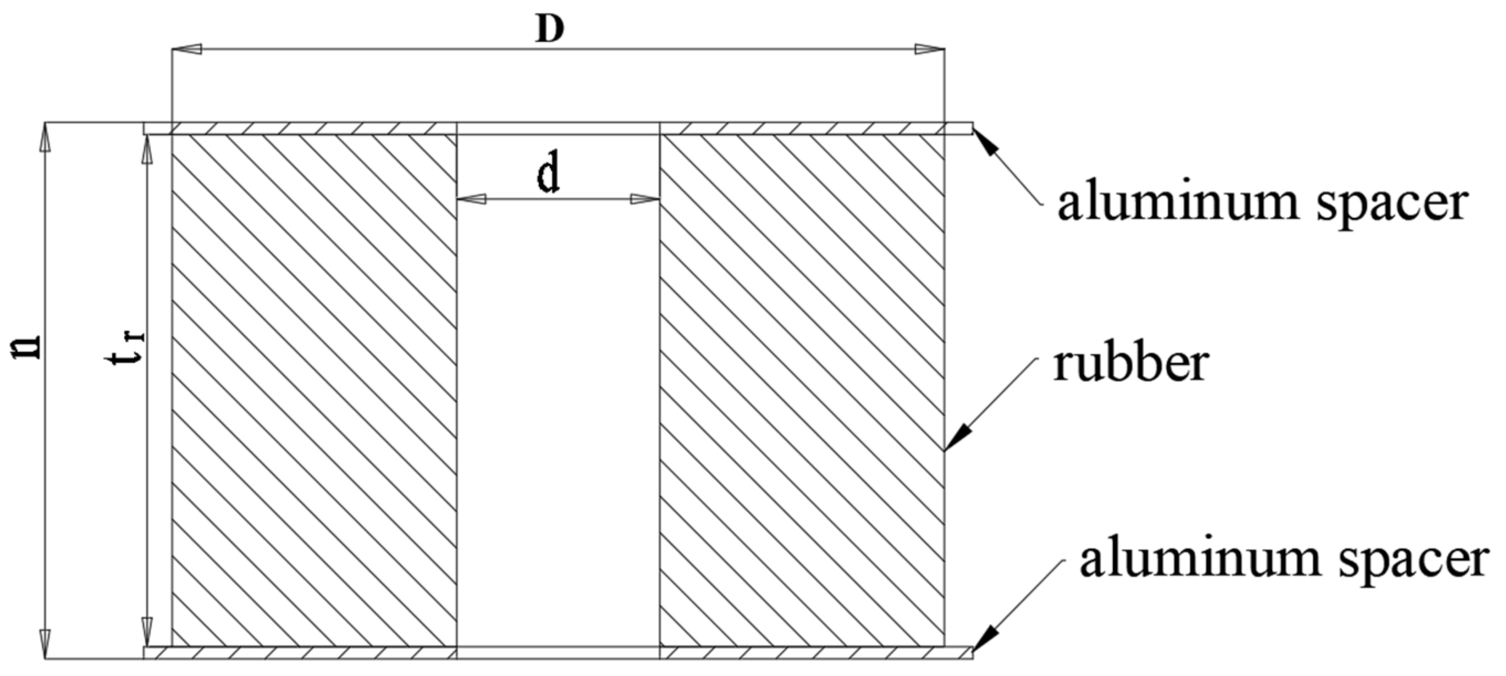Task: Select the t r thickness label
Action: [125, 349]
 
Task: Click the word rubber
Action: [1130, 363]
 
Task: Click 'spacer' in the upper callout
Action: [1392, 206]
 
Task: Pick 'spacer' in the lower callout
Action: [1415, 562]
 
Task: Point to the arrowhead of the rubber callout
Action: [955, 439]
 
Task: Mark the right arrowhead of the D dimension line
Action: [930, 49]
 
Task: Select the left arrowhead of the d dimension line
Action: [471, 200]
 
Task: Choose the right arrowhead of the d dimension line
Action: [646, 200]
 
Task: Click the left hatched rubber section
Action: [314, 390]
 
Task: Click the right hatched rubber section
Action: [802, 390]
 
